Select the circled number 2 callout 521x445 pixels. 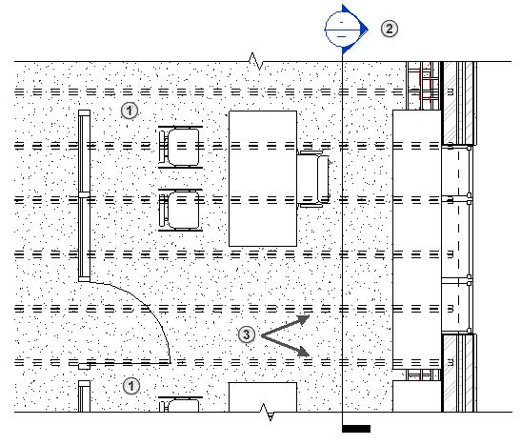[x=390, y=29]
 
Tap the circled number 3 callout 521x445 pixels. [x=246, y=334]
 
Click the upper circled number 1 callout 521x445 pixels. [x=130, y=111]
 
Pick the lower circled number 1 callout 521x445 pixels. [x=131, y=386]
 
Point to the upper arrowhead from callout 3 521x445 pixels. [x=304, y=319]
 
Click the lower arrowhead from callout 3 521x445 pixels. [x=304, y=352]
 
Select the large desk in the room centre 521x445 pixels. [x=263, y=178]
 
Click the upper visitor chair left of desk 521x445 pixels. [x=180, y=147]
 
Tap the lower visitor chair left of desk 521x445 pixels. [x=180, y=210]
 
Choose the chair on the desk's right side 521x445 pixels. [x=313, y=179]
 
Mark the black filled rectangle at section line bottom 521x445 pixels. [x=356, y=429]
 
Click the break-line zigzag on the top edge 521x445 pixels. [x=256, y=61]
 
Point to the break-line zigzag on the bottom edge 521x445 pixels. [x=268, y=412]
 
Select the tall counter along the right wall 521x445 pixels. [x=417, y=239]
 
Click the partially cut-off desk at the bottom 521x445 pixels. [x=263, y=397]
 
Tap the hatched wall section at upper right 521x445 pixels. [x=459, y=103]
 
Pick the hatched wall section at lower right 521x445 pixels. [x=459, y=373]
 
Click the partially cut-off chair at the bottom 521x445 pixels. [x=180, y=404]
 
